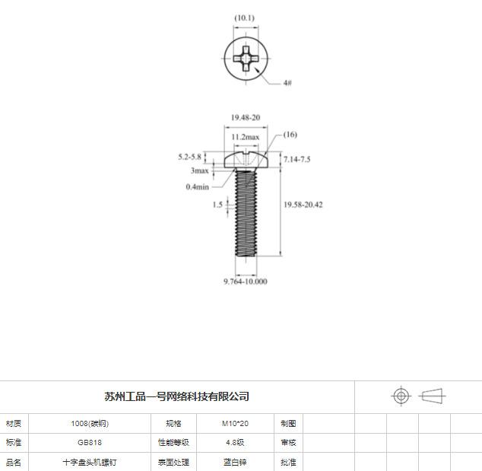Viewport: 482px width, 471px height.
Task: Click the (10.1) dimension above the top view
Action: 244,18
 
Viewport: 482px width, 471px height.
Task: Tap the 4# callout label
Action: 287,83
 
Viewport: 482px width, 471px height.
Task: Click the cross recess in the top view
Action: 246,59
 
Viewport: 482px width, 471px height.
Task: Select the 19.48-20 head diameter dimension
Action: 246,117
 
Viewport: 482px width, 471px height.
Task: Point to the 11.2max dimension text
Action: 246,137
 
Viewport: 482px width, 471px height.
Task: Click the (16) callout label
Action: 290,135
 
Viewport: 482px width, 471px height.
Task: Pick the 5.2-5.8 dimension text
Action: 189,157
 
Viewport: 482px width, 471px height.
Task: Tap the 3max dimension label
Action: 199,170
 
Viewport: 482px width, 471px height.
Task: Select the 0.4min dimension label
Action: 198,186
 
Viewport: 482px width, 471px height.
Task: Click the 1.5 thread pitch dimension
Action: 217,205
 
